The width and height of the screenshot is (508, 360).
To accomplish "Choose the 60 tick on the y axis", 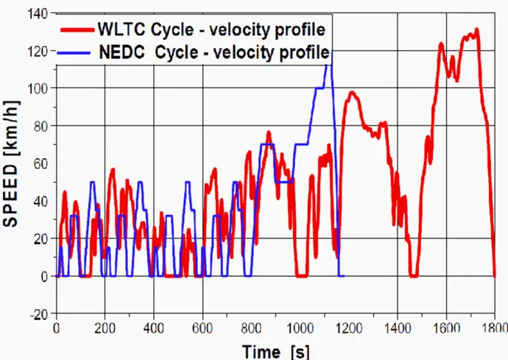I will (x=40, y=163).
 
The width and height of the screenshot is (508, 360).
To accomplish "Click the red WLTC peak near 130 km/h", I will (x=476, y=30).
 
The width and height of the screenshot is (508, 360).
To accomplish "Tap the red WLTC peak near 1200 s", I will (x=352, y=93).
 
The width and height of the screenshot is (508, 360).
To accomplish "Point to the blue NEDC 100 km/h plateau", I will (x=321, y=88).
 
